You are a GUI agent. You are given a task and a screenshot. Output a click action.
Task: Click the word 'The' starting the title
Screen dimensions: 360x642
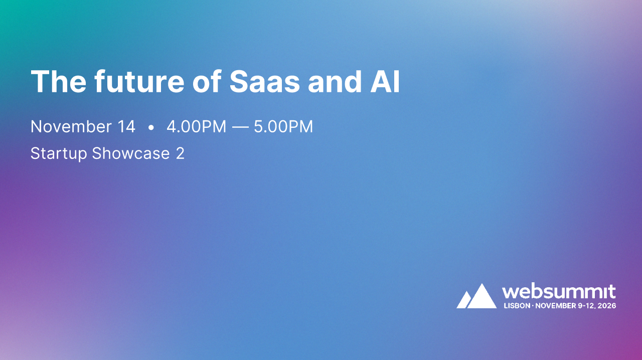[x=57, y=82]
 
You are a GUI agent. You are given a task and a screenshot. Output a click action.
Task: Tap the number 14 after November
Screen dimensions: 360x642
[x=126, y=127]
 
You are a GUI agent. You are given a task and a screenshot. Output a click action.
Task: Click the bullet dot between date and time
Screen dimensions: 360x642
[x=151, y=128]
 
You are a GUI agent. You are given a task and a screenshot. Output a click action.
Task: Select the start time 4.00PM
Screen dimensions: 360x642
[x=196, y=127]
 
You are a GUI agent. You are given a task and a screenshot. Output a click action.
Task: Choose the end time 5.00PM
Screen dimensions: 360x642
[x=283, y=127]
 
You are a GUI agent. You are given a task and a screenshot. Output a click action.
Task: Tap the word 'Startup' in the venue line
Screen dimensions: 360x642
[x=59, y=153]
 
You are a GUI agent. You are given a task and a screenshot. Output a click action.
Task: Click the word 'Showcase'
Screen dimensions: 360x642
[x=131, y=153]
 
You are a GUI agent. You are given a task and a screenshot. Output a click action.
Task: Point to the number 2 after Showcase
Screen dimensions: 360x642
[x=180, y=153]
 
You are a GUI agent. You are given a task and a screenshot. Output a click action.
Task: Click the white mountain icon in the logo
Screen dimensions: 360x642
[x=476, y=296]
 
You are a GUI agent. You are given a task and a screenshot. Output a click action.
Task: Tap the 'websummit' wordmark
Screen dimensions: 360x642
[x=559, y=291]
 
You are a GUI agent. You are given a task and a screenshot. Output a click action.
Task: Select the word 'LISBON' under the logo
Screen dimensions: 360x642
[x=516, y=305]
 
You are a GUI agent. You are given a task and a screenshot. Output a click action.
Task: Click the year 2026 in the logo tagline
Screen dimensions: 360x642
[x=607, y=305]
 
